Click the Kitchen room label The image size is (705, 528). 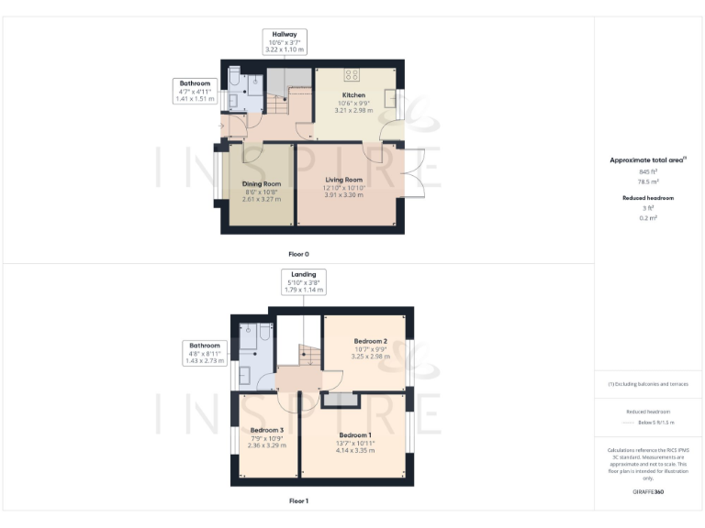pos(353,94)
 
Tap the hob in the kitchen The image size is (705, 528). pos(351,73)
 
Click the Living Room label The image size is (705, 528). pos(344,180)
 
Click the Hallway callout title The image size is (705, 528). pos(284,34)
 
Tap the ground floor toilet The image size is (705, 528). pos(233,74)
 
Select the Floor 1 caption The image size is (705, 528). pos(298,501)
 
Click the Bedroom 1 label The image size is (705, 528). pos(355,434)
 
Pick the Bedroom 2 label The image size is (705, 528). pos(371,341)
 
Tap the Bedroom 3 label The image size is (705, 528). pos(267,430)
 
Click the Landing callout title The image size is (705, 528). pos(304,274)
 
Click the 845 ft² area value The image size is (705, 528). pos(648,171)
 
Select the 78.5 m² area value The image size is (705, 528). pos(648,181)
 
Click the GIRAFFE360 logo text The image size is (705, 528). pos(648,492)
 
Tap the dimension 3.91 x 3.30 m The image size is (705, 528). pos(344,194)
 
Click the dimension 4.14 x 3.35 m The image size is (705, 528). pos(355,450)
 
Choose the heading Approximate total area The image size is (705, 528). pos(646,160)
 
